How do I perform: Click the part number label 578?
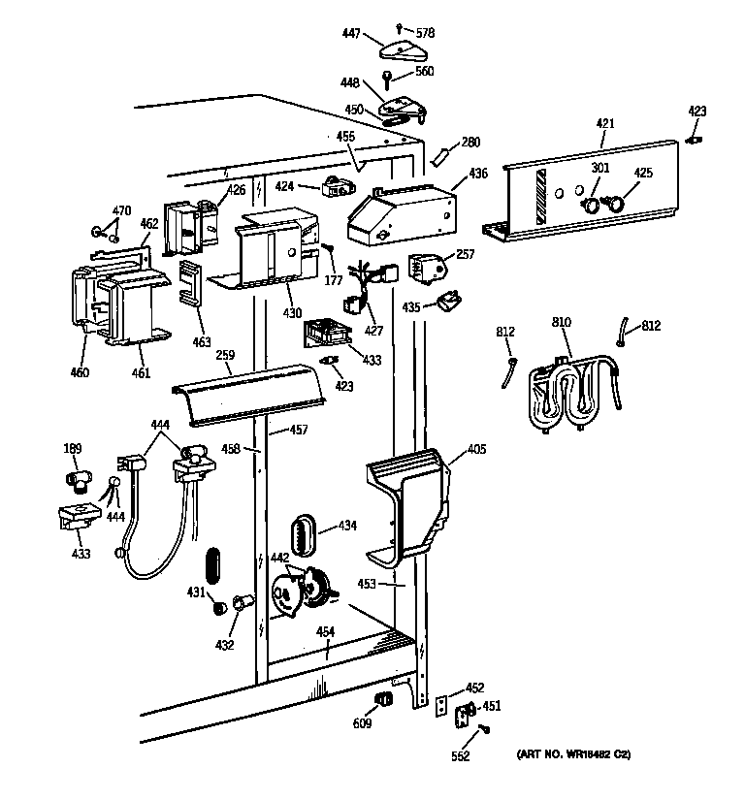coord(424,33)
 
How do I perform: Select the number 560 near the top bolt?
coord(424,71)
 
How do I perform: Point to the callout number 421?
coord(604,123)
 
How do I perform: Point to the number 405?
coord(476,450)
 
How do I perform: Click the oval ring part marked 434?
coord(302,534)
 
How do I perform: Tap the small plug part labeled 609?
coord(383,699)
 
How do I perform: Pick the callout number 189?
coord(73,448)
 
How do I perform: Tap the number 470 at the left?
coord(121,210)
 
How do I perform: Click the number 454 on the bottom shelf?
coord(325,632)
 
